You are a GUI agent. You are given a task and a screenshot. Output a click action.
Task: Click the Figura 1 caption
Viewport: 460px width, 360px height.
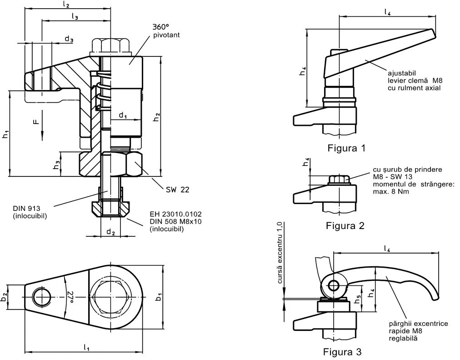click(x=346, y=148)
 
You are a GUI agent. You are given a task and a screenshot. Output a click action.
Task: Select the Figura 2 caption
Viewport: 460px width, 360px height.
click(x=345, y=225)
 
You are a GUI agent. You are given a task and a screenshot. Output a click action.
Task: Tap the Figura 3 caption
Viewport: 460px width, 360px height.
click(x=342, y=351)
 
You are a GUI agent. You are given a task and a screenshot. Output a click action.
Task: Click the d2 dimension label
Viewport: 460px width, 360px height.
click(x=110, y=232)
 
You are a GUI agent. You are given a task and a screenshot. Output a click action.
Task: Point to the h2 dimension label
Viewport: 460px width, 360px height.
click(x=156, y=116)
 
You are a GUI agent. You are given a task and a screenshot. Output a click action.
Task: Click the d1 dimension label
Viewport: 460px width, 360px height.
click(x=123, y=115)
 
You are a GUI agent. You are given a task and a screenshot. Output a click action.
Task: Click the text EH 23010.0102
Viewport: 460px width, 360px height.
click(x=175, y=214)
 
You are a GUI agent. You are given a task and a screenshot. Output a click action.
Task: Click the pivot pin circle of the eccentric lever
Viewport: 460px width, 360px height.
click(x=334, y=286)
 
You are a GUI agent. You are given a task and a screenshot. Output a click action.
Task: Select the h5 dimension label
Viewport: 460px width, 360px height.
click(x=358, y=299)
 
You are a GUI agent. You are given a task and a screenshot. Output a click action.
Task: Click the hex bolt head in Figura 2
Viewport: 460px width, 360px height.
click(x=338, y=180)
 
